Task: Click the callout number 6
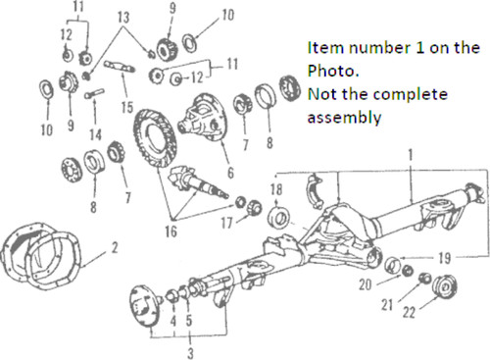tap(230, 173)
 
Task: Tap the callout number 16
tap(171, 231)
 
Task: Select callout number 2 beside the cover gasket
tap(115, 248)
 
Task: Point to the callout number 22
tap(409, 312)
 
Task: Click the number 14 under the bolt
tap(95, 134)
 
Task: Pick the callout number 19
tap(445, 258)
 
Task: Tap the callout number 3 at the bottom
tap(190, 353)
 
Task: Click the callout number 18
tap(276, 189)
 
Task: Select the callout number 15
tap(127, 107)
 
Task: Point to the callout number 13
tap(123, 18)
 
